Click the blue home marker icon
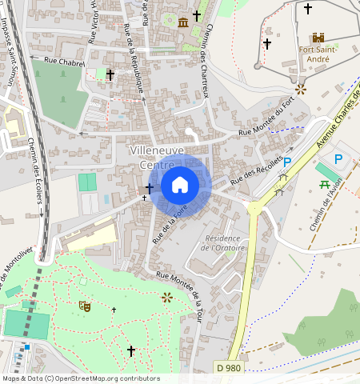(x=180, y=185)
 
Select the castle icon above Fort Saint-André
(x=318, y=38)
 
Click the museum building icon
(x=184, y=22)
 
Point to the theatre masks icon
(x=84, y=305)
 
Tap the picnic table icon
(x=326, y=185)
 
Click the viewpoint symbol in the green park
(x=166, y=298)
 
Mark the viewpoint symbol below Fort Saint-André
(x=300, y=89)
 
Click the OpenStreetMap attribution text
(x=80, y=378)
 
